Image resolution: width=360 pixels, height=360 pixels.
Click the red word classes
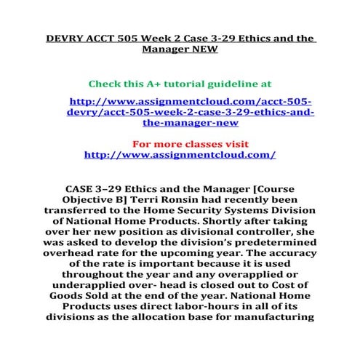coord(202,144)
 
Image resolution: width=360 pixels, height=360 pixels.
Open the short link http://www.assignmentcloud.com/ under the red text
coord(180,155)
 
